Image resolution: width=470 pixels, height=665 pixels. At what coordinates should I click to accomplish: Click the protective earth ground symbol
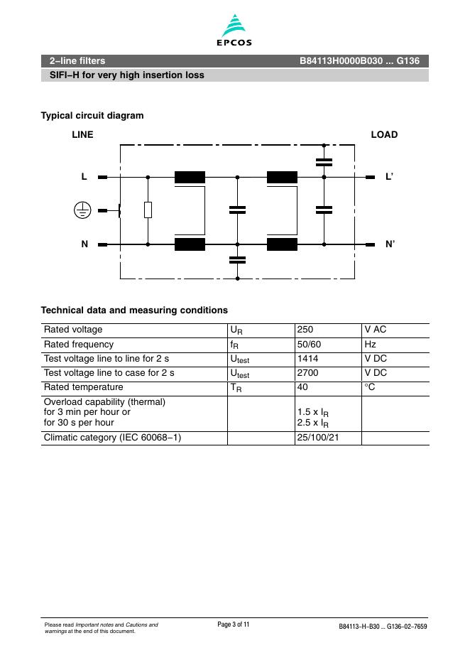pos(82,210)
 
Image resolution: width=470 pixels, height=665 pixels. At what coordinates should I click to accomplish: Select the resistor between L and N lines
pos(148,210)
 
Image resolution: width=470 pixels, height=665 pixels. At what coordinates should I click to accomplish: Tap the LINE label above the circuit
pos(82,134)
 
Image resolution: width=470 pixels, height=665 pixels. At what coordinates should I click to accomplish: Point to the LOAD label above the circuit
pos(384,134)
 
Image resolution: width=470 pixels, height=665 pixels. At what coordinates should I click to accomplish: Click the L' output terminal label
pos(389,177)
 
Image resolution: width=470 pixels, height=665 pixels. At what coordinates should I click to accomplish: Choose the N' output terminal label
pos(390,244)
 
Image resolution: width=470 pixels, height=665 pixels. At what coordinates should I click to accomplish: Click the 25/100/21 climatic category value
pos(319,438)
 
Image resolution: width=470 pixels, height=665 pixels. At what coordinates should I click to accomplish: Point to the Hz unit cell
pos(370,344)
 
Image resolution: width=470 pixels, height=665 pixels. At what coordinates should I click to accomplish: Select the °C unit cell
pos(369,387)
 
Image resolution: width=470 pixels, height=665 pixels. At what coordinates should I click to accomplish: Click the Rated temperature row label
pos(83,387)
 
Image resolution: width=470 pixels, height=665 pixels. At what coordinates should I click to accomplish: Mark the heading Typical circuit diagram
pos(92,115)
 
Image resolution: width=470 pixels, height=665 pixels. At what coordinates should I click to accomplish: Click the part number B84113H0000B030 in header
pos(337,61)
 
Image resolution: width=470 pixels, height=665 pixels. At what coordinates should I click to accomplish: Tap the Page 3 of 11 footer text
pos(234,624)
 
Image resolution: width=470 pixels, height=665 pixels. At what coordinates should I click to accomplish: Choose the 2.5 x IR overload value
pos(313,423)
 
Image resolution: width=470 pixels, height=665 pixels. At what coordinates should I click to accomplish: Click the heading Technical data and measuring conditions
pos(134,310)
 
